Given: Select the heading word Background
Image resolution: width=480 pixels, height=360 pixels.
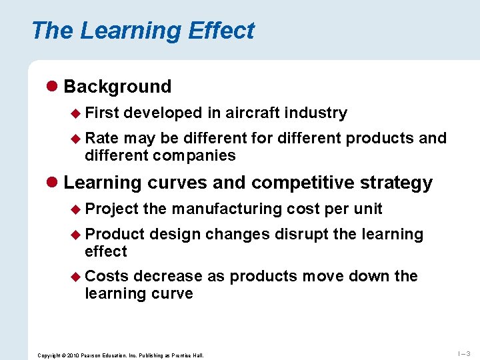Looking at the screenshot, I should tap(117, 87).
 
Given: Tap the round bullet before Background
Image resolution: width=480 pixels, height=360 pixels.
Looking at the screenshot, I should tap(52, 87).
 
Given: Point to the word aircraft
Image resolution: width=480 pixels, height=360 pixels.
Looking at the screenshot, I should tap(253, 113).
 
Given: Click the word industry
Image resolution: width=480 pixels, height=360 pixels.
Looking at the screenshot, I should tap(315, 113).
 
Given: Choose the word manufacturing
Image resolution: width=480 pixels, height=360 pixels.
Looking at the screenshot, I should tap(227, 209).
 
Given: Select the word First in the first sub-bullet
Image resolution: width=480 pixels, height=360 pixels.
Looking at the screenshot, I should tap(101, 113).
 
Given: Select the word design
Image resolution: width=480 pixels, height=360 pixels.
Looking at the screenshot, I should tap(175, 234).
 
